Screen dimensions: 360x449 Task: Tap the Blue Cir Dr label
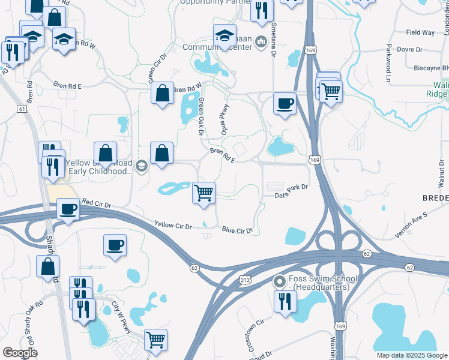237,229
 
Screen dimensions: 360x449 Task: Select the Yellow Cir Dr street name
172,226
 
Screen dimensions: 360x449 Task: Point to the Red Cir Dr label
97,204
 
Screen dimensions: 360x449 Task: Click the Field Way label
420,32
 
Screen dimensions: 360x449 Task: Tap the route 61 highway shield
22,109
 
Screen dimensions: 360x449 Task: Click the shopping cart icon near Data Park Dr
203,193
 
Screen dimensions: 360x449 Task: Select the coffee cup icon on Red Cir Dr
68,209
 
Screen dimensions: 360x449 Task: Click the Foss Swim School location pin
279,281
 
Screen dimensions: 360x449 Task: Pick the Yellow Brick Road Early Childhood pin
142,166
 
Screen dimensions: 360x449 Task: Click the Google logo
20,353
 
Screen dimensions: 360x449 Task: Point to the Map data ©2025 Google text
412,355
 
